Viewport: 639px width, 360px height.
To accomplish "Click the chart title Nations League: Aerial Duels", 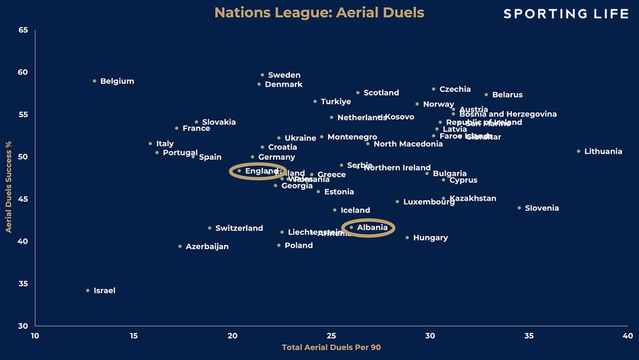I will click(x=319, y=13).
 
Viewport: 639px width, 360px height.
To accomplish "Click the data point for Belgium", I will click(x=95, y=81).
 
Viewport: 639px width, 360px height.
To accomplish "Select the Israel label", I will click(x=104, y=290).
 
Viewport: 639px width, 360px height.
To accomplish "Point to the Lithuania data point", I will click(x=579, y=151).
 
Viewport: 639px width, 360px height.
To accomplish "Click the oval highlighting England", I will click(x=258, y=171).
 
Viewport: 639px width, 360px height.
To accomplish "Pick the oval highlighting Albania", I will click(x=368, y=227).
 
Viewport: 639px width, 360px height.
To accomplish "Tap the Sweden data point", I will click(x=262, y=74).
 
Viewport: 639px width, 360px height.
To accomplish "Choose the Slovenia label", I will click(x=542, y=208).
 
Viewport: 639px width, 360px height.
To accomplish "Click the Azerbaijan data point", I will click(x=180, y=246).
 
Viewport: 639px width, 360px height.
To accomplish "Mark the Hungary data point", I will click(x=407, y=238).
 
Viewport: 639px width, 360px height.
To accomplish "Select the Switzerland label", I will click(x=239, y=228).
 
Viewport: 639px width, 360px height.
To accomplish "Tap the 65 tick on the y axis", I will click(x=24, y=30).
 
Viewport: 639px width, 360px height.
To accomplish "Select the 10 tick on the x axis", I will click(x=35, y=336).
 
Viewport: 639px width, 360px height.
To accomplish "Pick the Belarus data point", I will click(x=486, y=94).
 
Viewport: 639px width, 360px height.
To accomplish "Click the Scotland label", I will click(x=381, y=93).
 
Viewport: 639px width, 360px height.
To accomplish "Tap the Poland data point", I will click(x=279, y=245).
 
